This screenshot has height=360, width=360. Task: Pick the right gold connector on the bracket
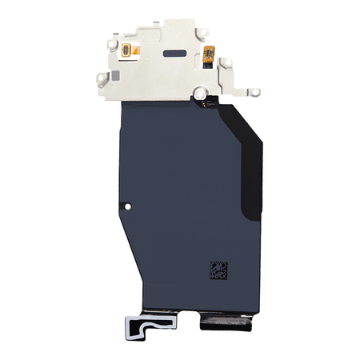tap(210, 54)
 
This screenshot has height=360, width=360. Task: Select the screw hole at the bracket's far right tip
tap(254, 92)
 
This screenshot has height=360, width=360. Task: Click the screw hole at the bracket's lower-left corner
tap(102, 78)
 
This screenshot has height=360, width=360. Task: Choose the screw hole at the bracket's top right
tap(202, 32)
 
